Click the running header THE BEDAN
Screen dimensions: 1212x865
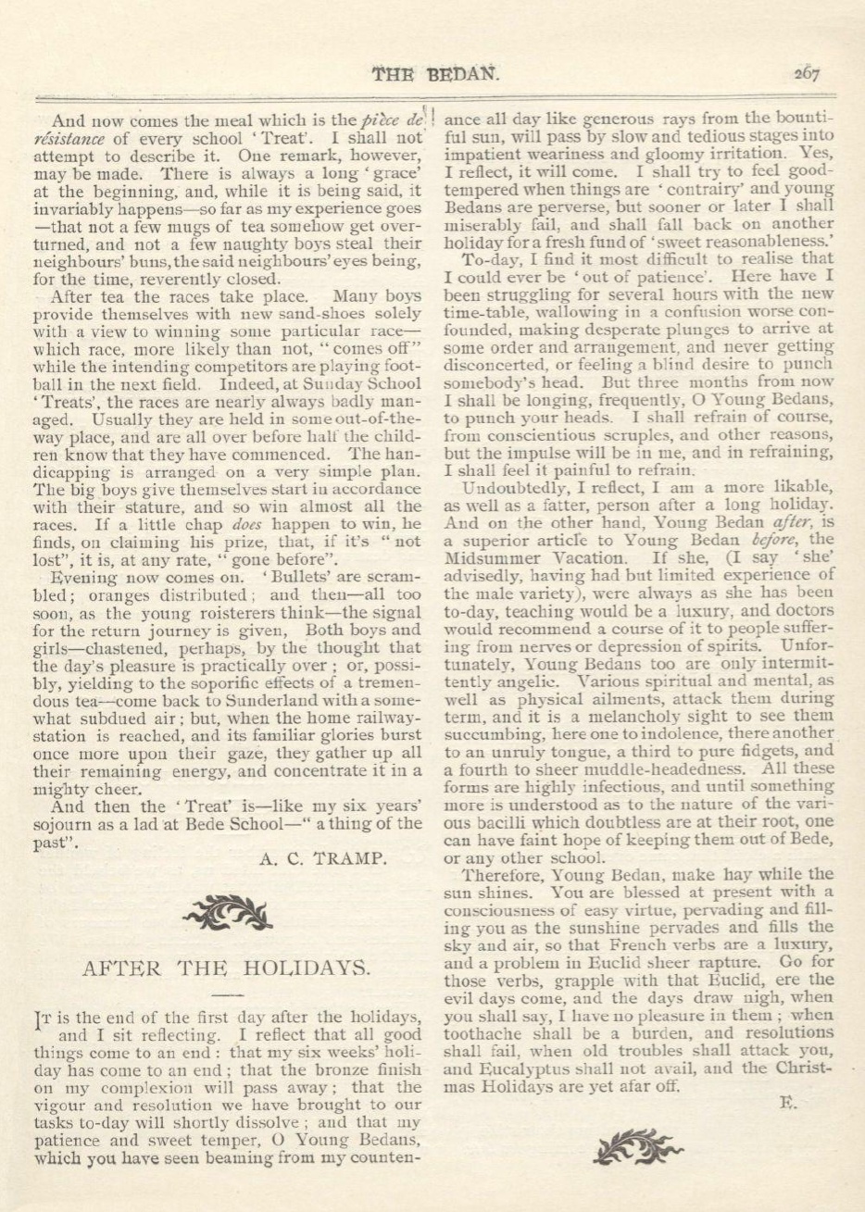[x=434, y=75]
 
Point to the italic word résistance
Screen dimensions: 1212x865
[x=74, y=138]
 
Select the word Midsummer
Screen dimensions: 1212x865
[x=499, y=559]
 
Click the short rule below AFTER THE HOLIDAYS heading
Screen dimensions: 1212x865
[x=226, y=994]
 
